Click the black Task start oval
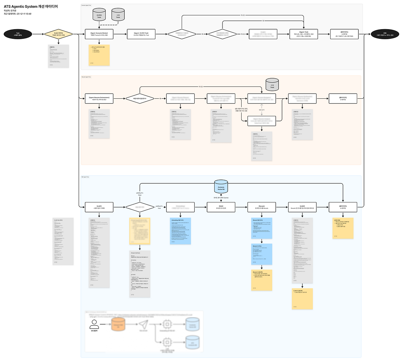18,34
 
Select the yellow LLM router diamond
59,34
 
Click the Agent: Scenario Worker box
99,34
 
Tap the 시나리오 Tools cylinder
99,15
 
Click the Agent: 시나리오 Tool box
141,34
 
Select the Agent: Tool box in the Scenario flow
304,34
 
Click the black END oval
385,34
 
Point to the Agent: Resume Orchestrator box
99,99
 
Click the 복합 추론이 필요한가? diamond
140,99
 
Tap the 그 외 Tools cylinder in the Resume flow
272,85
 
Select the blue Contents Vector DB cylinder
221,187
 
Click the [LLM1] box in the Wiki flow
99,207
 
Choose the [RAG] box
221,207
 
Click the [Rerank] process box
262,207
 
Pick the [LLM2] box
302,207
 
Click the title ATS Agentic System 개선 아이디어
31,7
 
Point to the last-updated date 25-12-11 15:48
24,14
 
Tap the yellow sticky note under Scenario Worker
99,55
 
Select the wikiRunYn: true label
159,207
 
